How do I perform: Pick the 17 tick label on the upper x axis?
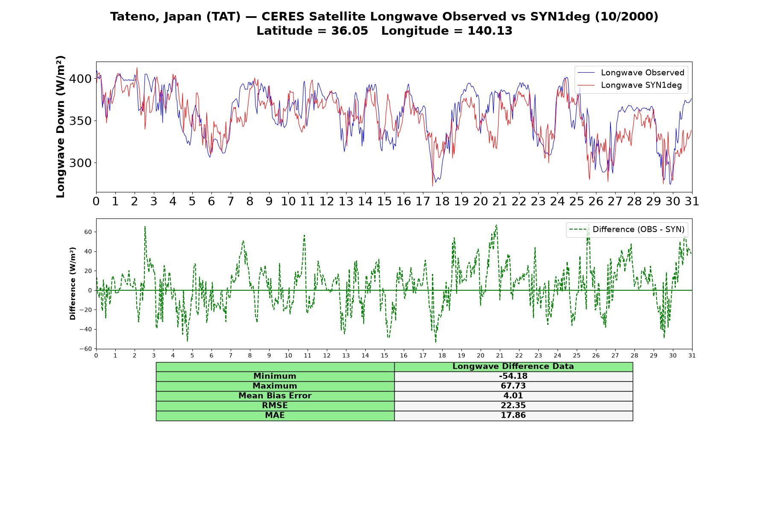click(423, 201)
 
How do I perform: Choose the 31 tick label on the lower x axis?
click(692, 356)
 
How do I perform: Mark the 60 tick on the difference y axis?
click(88, 232)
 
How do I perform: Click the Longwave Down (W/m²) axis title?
click(61, 127)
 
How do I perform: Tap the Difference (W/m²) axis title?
click(73, 283)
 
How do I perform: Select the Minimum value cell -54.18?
click(513, 376)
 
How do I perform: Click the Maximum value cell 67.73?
click(513, 386)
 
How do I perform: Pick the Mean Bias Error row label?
click(275, 396)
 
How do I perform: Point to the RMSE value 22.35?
click(513, 406)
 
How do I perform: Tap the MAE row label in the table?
click(275, 416)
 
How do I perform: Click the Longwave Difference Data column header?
click(513, 366)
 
